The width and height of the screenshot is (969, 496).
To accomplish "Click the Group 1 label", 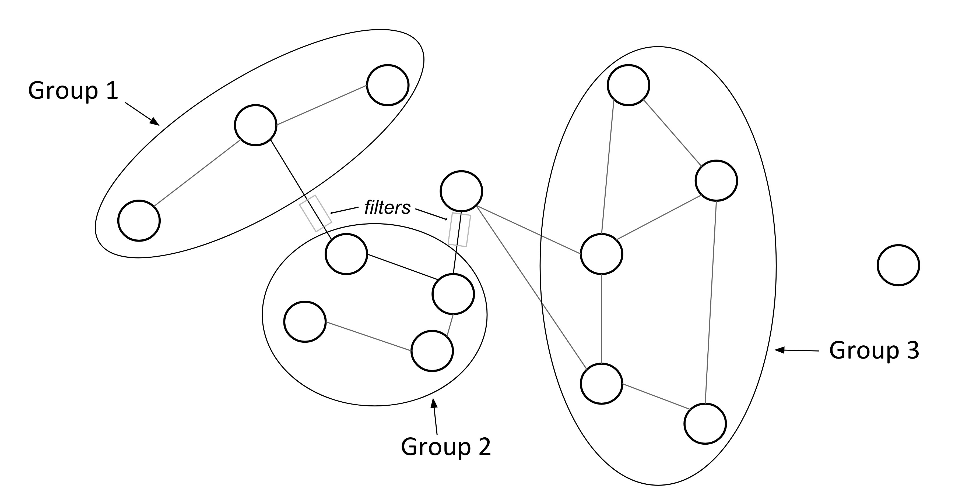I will pyautogui.click(x=73, y=91).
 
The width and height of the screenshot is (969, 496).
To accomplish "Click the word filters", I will pyautogui.click(x=387, y=208).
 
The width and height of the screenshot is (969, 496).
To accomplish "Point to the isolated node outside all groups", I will pyautogui.click(x=898, y=265).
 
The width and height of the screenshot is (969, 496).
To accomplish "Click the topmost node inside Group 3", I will pyautogui.click(x=628, y=85).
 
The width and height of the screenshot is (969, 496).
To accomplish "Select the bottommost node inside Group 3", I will pyautogui.click(x=705, y=424).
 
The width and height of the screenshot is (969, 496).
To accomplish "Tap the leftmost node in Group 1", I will pyautogui.click(x=139, y=220).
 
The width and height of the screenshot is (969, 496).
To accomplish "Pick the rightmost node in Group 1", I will pyautogui.click(x=387, y=85).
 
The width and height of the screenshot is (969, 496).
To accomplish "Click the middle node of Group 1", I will pyautogui.click(x=255, y=125).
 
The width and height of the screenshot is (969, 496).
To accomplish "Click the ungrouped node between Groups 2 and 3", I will pyautogui.click(x=461, y=191).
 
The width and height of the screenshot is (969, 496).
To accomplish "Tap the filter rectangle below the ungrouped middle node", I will pyautogui.click(x=459, y=230).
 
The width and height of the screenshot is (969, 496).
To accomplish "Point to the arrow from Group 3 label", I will pyautogui.click(x=796, y=350).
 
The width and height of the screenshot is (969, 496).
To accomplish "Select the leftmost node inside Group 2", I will pyautogui.click(x=305, y=321).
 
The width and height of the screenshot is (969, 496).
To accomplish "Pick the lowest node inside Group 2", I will pyautogui.click(x=432, y=351).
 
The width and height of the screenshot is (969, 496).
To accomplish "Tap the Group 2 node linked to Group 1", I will pyautogui.click(x=346, y=254).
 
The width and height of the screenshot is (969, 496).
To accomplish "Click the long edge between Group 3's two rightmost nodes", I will pyautogui.click(x=711, y=303).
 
